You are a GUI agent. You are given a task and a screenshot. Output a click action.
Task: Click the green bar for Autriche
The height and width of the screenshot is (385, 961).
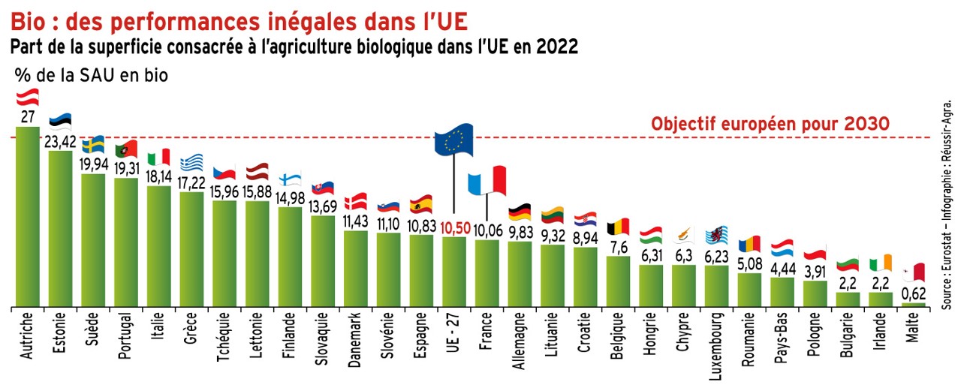click(x=28, y=218)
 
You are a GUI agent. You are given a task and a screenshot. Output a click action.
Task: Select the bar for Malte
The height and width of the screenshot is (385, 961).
click(x=914, y=305)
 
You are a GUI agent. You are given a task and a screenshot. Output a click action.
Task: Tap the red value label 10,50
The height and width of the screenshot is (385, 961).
click(x=454, y=228)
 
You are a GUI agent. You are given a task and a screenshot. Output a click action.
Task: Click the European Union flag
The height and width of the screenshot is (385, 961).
click(x=453, y=140)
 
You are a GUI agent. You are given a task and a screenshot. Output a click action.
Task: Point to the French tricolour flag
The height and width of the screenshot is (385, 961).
click(x=487, y=181)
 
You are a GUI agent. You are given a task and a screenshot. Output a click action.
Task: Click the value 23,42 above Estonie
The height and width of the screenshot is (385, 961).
click(x=61, y=142)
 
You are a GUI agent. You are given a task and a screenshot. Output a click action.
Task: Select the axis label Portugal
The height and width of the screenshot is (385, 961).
click(x=127, y=337)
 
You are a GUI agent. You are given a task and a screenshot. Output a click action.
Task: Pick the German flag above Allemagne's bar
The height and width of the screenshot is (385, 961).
click(x=520, y=212)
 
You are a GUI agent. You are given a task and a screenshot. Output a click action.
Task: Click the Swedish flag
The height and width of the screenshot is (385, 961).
click(x=93, y=144)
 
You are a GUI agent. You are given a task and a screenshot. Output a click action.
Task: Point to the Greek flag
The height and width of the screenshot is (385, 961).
click(x=192, y=162)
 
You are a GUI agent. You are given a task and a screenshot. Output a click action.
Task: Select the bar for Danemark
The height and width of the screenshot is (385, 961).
click(x=356, y=269)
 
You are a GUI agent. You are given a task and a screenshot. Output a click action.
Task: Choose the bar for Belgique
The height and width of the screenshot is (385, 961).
click(x=618, y=281)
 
